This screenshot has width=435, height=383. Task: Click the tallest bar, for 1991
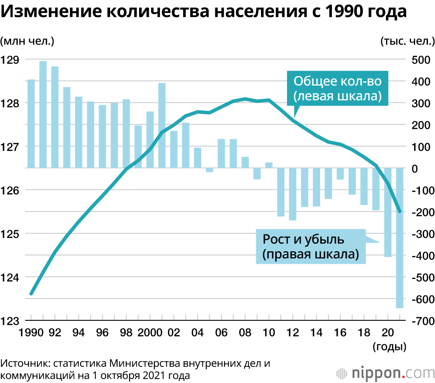[43, 114]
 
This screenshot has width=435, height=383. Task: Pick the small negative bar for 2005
[209, 170]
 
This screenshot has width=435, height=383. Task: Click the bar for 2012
[292, 194]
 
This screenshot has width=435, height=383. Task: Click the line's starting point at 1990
[31, 294]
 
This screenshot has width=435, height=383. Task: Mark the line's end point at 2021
[400, 212]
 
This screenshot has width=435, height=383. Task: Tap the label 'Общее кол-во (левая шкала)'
[338, 89]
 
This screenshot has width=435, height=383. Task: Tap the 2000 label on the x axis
[149, 333]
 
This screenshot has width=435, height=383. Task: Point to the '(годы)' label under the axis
[389, 347]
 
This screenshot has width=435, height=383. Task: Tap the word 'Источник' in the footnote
[22, 363]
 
